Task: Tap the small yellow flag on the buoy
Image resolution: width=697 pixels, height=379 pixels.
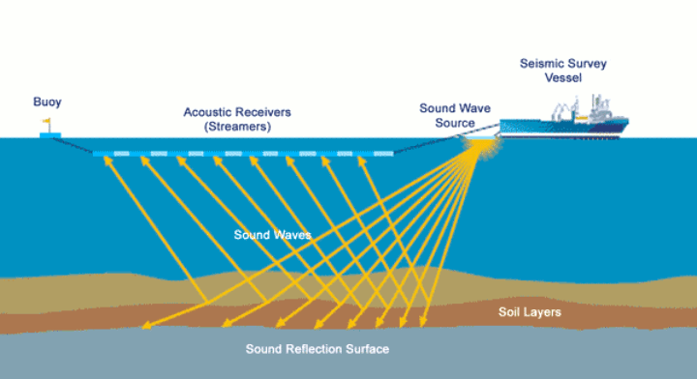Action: click(45, 122)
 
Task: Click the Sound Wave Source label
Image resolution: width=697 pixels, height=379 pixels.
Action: click(446, 116)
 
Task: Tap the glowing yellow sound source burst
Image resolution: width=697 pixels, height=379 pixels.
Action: click(477, 145)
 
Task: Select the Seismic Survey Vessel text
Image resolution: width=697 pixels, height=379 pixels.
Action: click(562, 69)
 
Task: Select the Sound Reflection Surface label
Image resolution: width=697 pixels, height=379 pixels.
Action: click(318, 348)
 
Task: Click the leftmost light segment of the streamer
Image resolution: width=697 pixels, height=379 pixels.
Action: click(121, 153)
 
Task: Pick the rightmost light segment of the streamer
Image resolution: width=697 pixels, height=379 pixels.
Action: click(383, 153)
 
